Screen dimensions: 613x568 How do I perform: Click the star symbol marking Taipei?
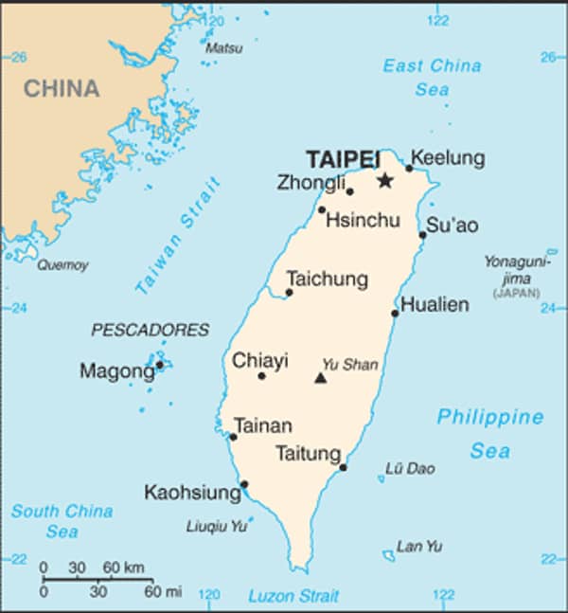[384, 181]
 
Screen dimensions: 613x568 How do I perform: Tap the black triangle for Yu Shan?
[320, 379]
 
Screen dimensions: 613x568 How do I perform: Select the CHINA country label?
[62, 89]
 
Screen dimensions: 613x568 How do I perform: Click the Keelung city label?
[448, 158]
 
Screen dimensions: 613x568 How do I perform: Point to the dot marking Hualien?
[395, 313]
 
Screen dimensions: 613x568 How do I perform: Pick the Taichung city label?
[327, 279]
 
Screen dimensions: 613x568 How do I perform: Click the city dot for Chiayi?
[262, 376]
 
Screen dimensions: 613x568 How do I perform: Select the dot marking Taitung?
[343, 467]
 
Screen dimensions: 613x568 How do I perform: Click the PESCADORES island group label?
[150, 330]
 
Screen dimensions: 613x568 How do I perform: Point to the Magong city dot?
[159, 364]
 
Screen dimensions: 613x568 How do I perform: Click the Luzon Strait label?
[293, 596]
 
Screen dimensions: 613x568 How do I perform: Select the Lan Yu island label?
[419, 546]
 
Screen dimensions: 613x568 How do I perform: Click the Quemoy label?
[62, 265]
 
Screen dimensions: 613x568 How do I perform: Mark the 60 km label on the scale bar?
[124, 568]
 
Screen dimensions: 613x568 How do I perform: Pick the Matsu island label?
[224, 47]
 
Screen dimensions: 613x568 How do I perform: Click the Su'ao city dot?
[422, 235]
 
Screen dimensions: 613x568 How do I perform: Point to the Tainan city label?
[262, 425]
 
